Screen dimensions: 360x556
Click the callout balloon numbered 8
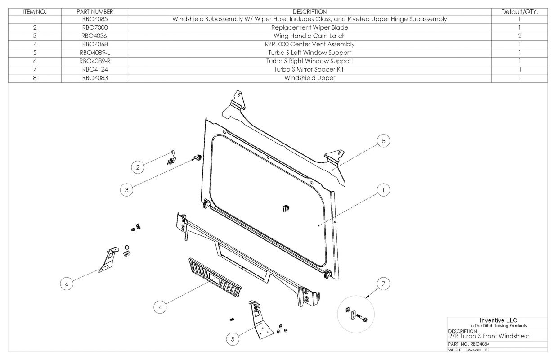383,141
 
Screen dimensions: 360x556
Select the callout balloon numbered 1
383,190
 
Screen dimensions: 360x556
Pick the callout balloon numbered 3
127,190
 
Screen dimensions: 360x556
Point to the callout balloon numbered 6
67,283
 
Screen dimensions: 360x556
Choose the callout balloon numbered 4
160,307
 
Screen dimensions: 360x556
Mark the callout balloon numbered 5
232,339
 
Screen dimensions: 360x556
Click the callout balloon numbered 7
383,283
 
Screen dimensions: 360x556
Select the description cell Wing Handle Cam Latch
309,36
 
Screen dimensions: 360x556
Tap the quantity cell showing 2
519,36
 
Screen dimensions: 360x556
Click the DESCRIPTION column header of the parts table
309,11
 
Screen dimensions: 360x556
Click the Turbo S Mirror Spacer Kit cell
309,70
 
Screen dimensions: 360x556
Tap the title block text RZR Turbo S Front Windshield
489,336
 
